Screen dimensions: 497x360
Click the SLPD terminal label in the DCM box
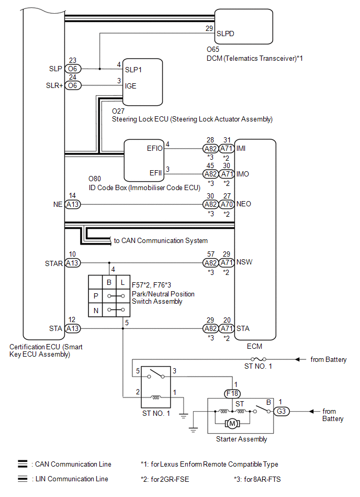click(x=226, y=33)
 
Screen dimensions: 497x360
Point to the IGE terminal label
click(x=131, y=85)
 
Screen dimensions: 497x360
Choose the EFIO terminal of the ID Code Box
click(x=155, y=148)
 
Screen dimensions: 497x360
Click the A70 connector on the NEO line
click(x=227, y=204)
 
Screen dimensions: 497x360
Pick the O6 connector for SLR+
click(x=73, y=85)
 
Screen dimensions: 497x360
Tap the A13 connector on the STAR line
click(x=73, y=263)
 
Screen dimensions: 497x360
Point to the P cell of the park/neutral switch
click(x=96, y=296)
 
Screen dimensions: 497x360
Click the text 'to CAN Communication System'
click(x=161, y=241)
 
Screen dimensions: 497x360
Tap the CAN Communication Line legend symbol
click(x=22, y=464)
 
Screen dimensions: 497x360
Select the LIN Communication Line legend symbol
click(x=22, y=479)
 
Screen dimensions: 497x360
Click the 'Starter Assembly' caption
click(x=241, y=439)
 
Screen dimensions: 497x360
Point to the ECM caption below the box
click(x=254, y=346)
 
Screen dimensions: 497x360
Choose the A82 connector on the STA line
click(x=210, y=329)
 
